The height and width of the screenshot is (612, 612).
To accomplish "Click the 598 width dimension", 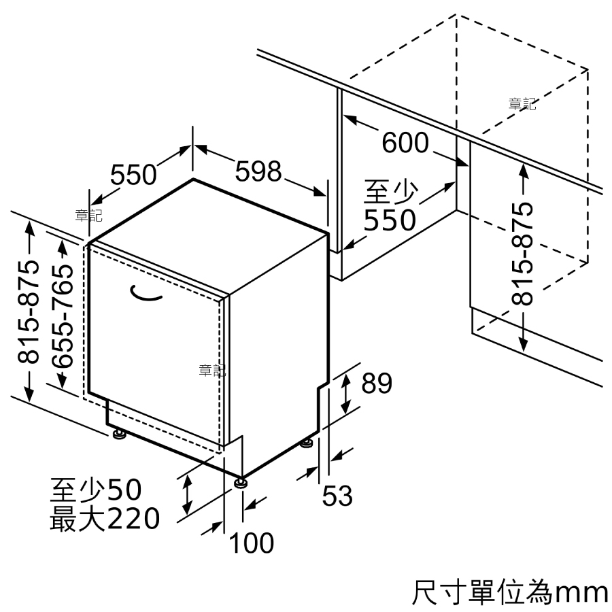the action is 258,171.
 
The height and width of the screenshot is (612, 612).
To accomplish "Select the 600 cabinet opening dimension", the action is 405,143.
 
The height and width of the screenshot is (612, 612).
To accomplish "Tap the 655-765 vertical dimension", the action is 63,316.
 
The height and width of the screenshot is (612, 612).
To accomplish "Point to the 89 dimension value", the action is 377,384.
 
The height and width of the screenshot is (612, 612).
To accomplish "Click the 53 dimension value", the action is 337,495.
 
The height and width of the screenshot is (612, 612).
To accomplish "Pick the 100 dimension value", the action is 252,543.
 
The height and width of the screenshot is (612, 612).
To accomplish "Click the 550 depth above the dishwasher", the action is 133,175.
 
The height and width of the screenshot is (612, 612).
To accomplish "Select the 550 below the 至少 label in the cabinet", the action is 390,220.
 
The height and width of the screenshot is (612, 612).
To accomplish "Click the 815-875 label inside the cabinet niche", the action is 522,254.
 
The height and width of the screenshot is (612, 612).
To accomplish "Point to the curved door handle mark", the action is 146,294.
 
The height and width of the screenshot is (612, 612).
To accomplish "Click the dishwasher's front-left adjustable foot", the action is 118,434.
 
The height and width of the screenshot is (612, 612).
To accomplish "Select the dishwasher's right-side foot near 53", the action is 307,443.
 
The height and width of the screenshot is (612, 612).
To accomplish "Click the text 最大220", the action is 105,518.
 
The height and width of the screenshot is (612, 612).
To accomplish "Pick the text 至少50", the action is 96,490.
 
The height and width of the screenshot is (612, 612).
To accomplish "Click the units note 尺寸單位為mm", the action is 510,593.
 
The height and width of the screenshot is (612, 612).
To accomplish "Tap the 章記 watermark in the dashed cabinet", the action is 522,104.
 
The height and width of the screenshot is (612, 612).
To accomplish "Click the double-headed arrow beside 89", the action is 345,393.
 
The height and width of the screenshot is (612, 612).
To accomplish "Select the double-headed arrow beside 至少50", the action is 188,494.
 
